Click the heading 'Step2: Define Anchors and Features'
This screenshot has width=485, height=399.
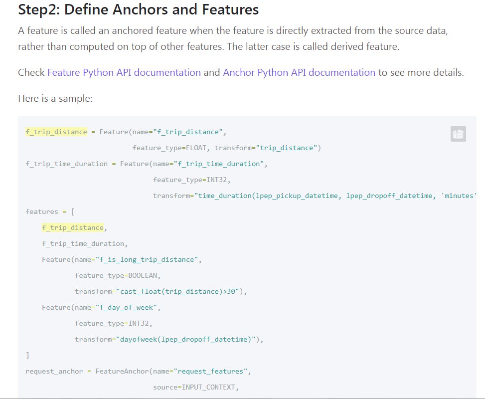tap(138, 9)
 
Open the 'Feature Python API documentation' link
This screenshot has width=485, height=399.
tap(124, 72)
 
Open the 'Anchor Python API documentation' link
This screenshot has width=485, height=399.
tap(299, 72)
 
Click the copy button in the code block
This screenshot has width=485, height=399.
tap(458, 134)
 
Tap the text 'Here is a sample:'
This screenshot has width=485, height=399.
tap(55, 99)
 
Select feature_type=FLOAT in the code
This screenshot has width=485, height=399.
tap(171, 148)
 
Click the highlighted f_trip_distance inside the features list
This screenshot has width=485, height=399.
tap(73, 227)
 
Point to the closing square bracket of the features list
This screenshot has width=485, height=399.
tap(27, 355)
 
